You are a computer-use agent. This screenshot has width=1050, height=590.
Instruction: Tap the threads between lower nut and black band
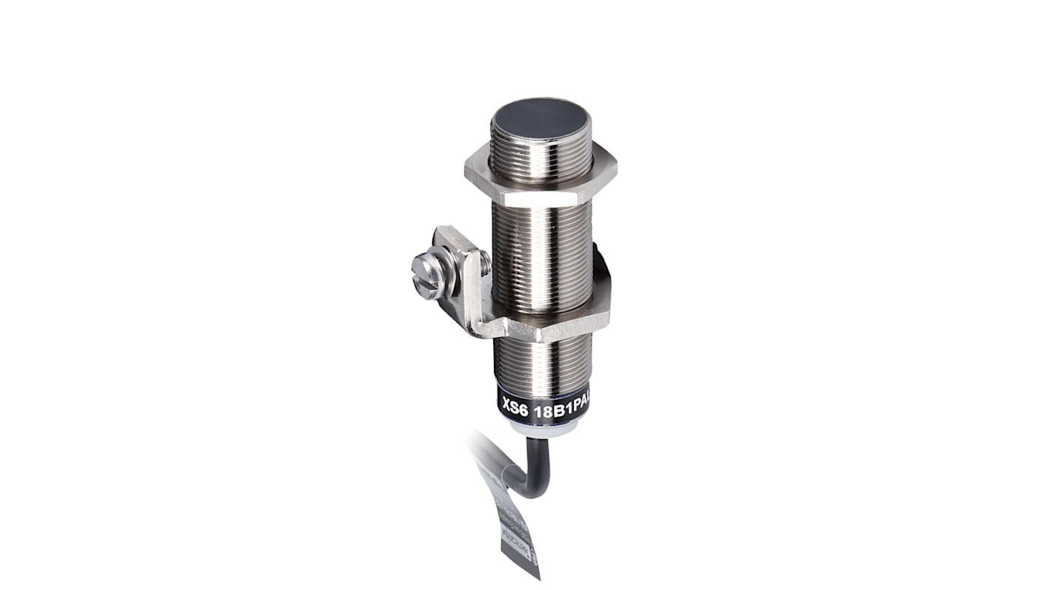click(x=543, y=366)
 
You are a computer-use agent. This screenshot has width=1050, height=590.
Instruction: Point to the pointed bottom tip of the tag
click(x=538, y=577)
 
